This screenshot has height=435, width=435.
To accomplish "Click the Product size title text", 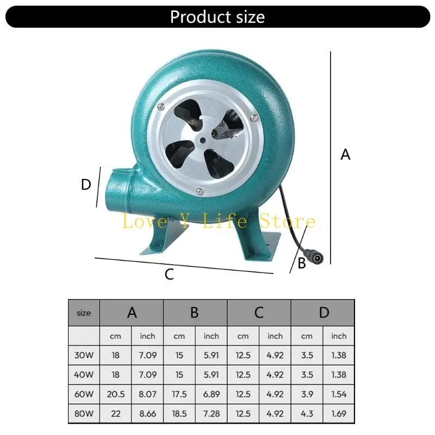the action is pos(217,16).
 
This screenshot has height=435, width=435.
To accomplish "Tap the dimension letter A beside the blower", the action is pos(345,154).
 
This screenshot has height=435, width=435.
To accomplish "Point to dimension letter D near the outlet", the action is pos(85,185).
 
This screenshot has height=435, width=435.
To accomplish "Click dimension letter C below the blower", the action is pos(169,275).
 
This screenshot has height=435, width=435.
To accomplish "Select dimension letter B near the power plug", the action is pos(301,264).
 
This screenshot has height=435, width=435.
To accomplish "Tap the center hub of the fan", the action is pos(202,140).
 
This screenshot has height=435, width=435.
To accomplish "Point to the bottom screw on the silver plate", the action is pos(200,190).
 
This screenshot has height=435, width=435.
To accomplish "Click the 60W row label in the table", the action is pos(84,394).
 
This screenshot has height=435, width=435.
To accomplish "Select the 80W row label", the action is pos(84,413).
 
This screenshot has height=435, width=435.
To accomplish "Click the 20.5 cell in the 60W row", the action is pos(115,394).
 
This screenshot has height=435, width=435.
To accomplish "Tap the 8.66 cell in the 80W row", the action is pos(147,413).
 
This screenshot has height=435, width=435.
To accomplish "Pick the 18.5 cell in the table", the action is pos(179,413).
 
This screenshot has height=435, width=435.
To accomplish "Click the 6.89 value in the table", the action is pos(211,394).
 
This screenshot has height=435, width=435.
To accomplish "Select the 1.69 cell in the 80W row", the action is pos(338,413).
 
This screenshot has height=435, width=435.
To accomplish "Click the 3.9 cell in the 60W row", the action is pos(307,394).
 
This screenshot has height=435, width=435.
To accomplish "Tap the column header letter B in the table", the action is pos(195,313).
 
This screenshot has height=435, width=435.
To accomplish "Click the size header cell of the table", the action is pos(84,313).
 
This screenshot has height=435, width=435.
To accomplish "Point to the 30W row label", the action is pos(84,355).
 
